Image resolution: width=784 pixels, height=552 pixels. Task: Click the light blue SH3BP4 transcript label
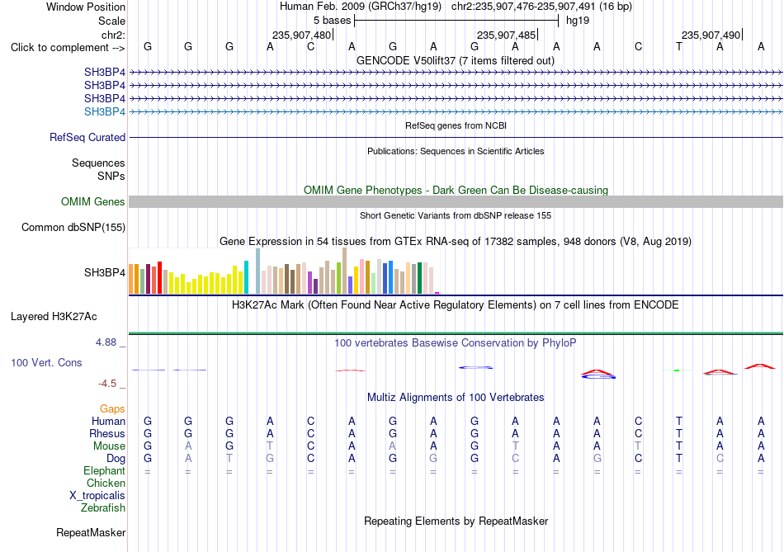tap(105, 111)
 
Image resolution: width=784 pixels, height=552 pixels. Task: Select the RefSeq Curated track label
tap(87, 138)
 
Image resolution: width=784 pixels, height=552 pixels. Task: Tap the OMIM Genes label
tap(93, 201)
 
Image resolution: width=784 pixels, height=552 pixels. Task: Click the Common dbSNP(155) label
tap(73, 228)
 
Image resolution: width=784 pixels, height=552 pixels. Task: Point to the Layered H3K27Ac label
tap(54, 317)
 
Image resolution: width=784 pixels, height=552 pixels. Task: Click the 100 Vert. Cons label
tap(46, 362)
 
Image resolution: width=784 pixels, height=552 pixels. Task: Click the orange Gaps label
tap(112, 409)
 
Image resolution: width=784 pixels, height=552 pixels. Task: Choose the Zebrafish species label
tap(103, 508)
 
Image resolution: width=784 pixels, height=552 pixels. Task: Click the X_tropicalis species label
tap(97, 496)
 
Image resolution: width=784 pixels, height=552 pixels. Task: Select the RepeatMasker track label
tap(91, 533)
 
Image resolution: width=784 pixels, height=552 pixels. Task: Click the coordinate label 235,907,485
tap(506, 35)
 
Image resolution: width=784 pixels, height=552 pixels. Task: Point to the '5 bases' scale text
tap(332, 21)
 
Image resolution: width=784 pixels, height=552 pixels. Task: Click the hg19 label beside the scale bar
tap(578, 21)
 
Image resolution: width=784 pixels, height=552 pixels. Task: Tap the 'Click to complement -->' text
tap(68, 48)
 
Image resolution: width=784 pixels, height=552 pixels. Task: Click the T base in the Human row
tap(679, 421)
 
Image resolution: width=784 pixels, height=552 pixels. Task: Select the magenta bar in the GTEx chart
tap(437, 293)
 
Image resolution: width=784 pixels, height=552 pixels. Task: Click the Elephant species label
tap(105, 471)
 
